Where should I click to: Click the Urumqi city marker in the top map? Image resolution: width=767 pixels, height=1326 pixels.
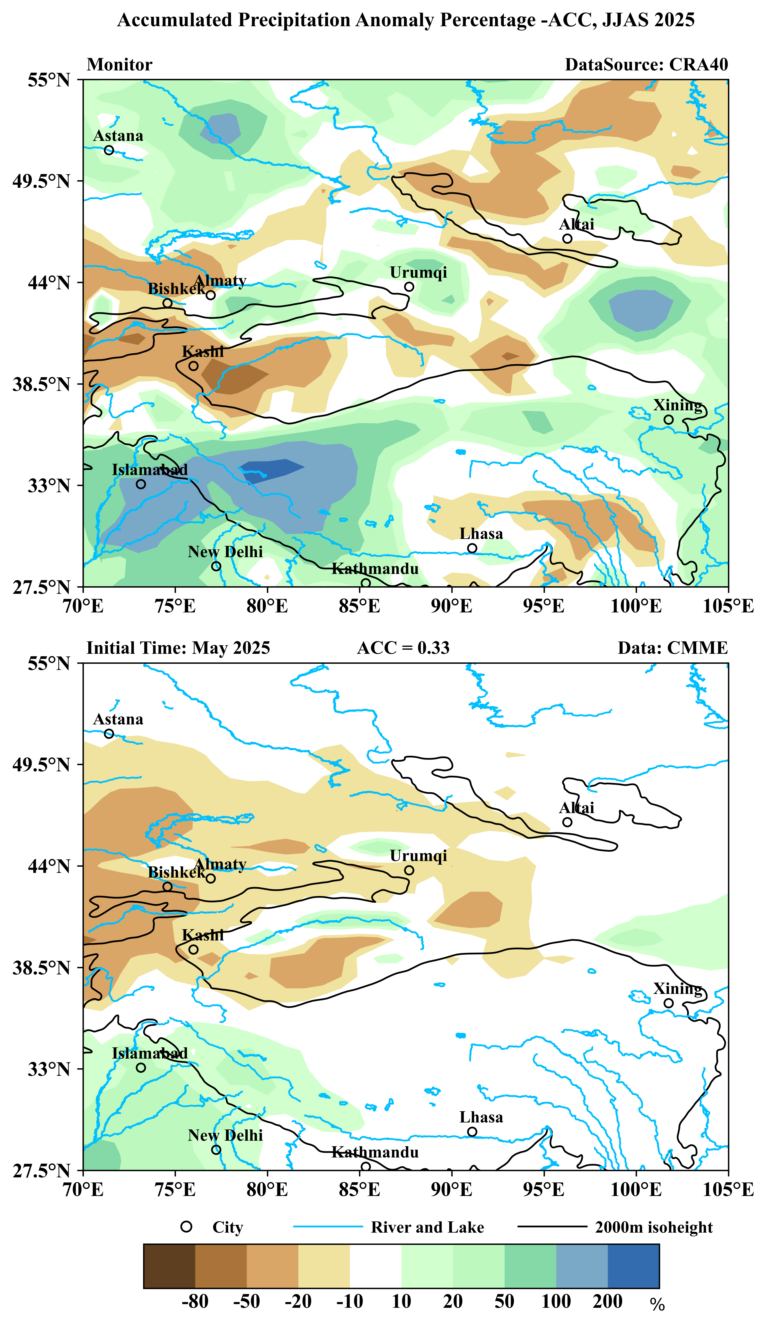(409, 287)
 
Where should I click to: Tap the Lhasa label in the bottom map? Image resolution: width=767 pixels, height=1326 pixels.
(481, 1117)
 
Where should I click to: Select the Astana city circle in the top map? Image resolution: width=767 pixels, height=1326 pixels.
(109, 150)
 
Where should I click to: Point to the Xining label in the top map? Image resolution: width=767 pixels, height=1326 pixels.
(678, 405)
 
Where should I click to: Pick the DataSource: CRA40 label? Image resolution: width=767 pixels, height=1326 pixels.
(646, 65)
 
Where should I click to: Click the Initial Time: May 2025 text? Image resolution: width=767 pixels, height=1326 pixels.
(178, 648)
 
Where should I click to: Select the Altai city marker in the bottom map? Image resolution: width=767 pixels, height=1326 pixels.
(567, 822)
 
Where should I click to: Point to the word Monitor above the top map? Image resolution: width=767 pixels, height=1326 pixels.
(120, 65)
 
